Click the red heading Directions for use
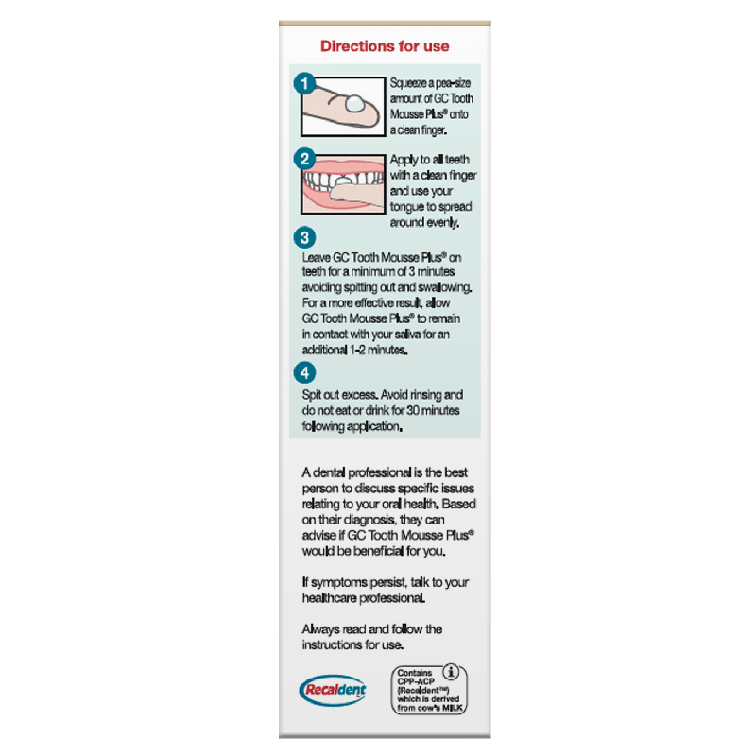[x=385, y=46]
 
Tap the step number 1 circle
[x=304, y=83]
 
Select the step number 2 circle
[x=304, y=159]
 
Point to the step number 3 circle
[x=304, y=238]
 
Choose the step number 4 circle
[x=304, y=371]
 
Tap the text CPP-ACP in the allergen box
[x=413, y=682]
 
